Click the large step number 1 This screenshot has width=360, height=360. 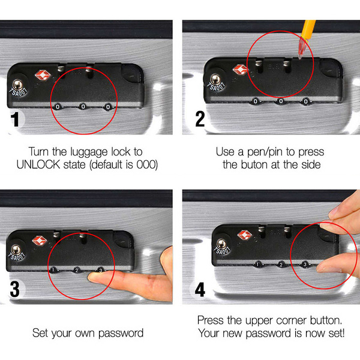coord(15,119)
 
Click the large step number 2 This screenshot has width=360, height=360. coord(200,119)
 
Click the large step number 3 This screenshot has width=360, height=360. coord(14,289)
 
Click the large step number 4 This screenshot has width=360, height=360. coord(200,290)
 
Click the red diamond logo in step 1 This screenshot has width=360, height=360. coord(43,76)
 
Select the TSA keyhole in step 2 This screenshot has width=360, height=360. coord(215,80)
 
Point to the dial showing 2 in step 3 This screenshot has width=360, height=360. coord(77,270)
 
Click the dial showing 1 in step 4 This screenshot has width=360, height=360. coord(258,264)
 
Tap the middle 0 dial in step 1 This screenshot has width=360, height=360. coord(83,106)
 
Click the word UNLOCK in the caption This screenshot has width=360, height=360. coord(38,164)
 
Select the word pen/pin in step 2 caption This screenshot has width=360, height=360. coord(265,152)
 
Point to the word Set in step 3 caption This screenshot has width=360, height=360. coord(40,333)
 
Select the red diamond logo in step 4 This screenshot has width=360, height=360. coord(245,235)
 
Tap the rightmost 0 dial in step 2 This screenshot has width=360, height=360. coord(305,101)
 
